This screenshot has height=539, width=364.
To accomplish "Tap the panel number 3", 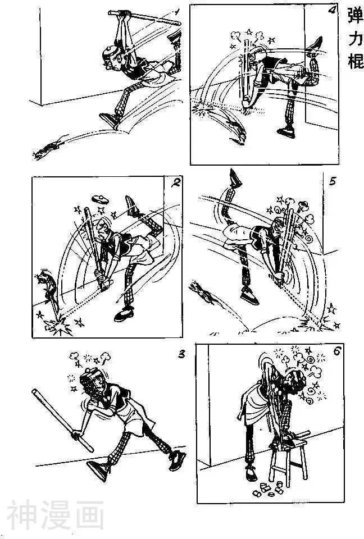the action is coord(182,354).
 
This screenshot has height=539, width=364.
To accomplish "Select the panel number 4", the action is coord(333,10).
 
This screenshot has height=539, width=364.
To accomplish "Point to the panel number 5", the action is coord(332,181).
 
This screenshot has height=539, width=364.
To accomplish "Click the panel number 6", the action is coord(336,351).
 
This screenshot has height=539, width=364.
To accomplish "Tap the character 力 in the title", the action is coord(356,39).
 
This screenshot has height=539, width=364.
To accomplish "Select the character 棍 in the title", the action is coord(356,61).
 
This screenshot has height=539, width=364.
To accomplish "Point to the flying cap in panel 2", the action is coord(100,199).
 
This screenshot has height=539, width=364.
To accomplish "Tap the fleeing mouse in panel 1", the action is coord(48,148).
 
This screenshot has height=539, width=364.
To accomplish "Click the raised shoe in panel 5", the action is coord(235,179).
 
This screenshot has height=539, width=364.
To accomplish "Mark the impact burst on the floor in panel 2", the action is coord(59,325).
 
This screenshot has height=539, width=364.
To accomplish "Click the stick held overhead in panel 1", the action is coord(144,18).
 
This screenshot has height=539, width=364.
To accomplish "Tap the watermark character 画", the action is coord(90,515).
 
